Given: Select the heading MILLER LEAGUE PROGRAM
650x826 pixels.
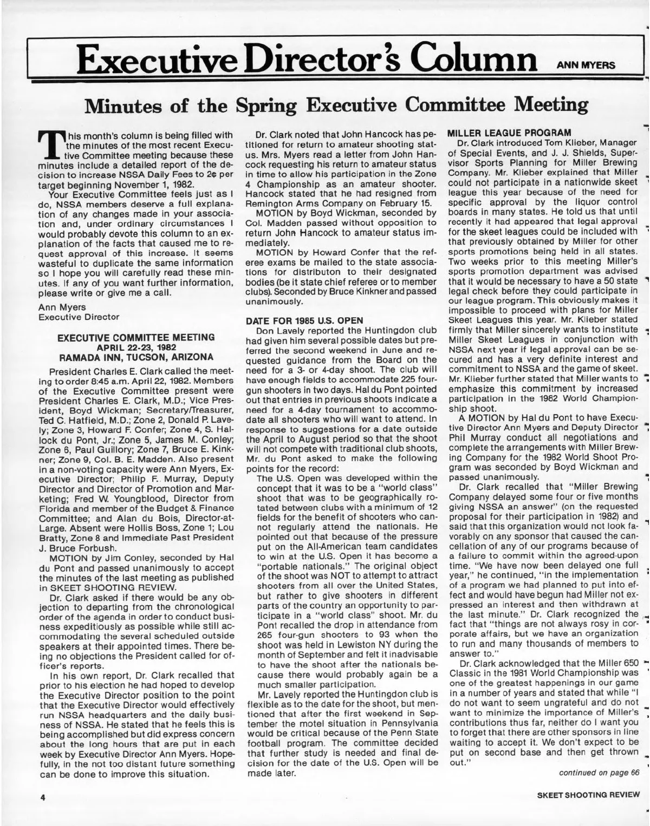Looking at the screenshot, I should (508, 133).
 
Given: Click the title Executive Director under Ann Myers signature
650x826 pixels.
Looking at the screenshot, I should (79, 317).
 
